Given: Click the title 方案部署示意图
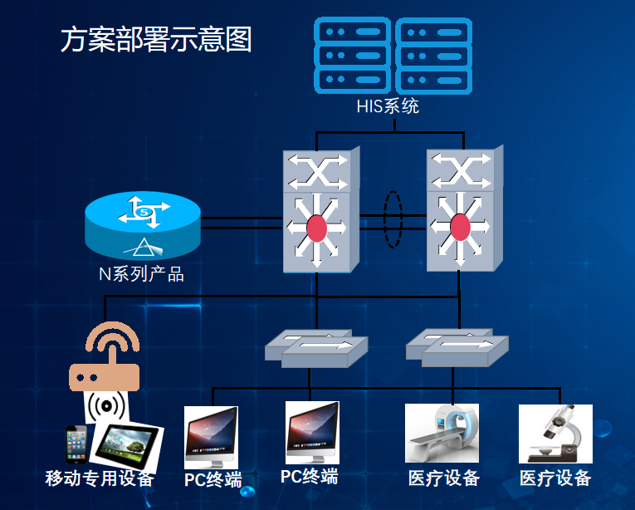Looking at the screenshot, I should (x=156, y=40).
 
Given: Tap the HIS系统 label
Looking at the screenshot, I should (x=388, y=106).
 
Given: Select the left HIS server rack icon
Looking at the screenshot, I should (x=351, y=56).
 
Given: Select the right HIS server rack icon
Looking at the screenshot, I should (x=433, y=56).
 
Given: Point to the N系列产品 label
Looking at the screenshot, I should (x=142, y=274).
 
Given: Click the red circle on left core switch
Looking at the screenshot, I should (x=317, y=228).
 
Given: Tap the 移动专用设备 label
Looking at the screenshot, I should (x=100, y=478).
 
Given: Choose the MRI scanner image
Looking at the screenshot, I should (x=442, y=433).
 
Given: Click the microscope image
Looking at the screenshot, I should (x=555, y=434).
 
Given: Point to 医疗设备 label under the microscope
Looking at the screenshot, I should (x=555, y=478).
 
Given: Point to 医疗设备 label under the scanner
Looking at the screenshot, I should (x=444, y=478).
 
